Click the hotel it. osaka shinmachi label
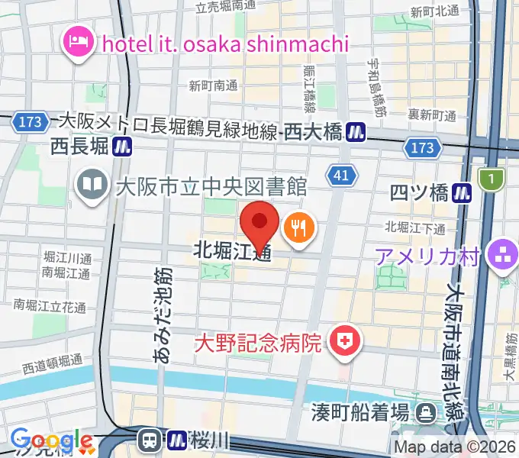click(224, 44)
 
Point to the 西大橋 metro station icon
click(355, 132)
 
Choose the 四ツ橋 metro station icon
click(462, 193)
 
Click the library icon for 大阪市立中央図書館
click(91, 184)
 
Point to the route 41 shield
click(343, 177)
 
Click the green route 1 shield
click(492, 179)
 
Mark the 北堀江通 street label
click(232, 250)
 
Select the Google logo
click(50, 440)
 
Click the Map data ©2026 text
click(455, 447)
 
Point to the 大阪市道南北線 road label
click(456, 347)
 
